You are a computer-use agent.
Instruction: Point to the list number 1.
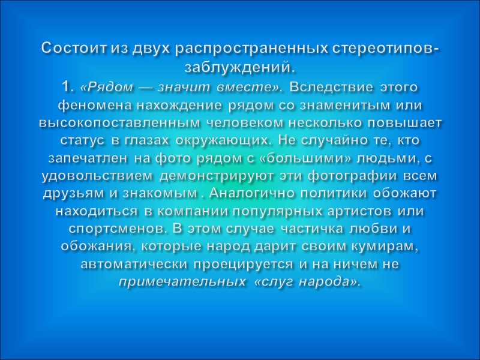point(67,88)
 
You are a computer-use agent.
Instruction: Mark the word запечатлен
point(83,158)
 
